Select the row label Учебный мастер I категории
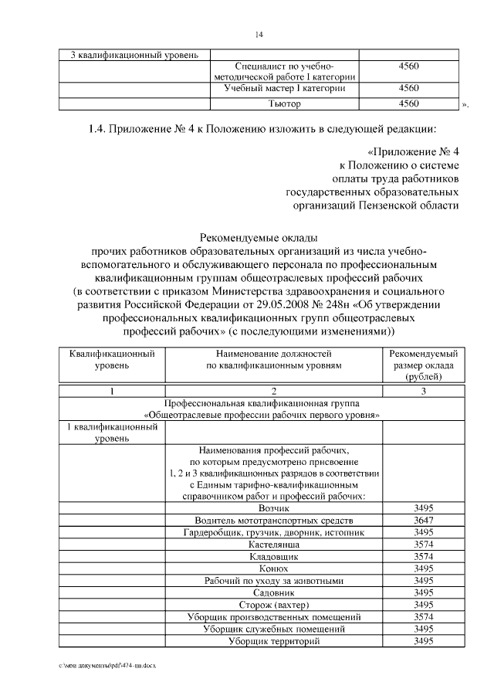click(284, 89)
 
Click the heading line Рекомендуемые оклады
click(258, 239)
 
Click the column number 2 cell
click(274, 391)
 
